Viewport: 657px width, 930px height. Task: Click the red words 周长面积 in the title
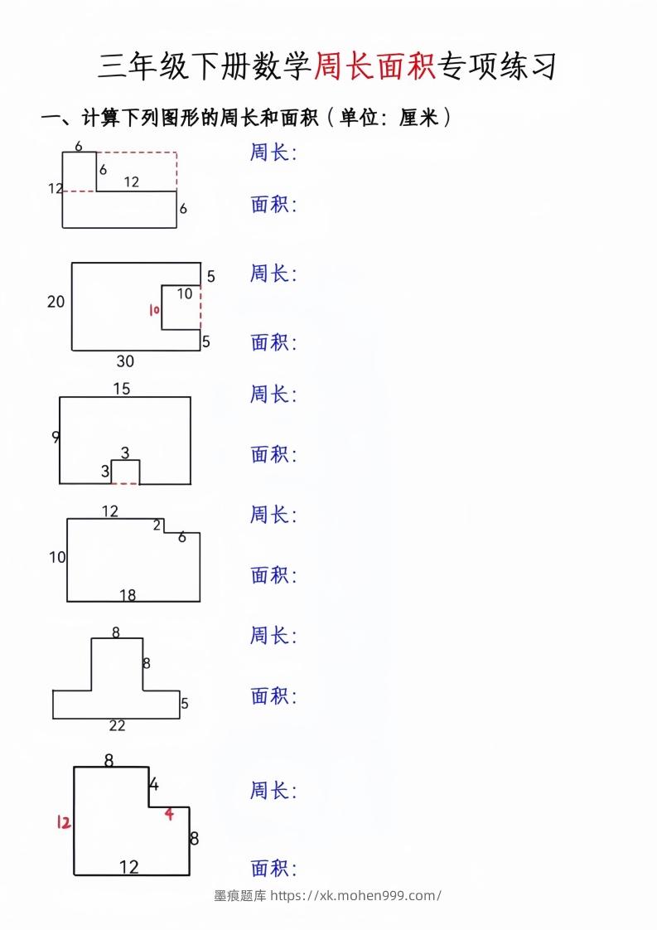point(375,67)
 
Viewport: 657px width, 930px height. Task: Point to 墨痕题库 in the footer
point(240,896)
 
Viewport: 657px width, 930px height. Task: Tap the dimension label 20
point(56,302)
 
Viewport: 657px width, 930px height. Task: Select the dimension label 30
point(125,361)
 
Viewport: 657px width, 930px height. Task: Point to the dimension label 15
point(121,389)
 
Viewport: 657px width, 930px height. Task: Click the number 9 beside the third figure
point(55,438)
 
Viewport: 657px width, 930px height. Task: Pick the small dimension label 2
point(157,525)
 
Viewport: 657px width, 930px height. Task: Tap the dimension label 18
point(127,594)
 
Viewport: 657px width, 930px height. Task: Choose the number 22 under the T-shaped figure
point(117,726)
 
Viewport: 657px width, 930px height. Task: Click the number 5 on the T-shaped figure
point(185,704)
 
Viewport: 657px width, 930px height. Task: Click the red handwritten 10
point(152,310)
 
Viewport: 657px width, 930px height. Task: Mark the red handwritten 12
point(63,822)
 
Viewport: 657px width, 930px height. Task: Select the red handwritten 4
point(169,814)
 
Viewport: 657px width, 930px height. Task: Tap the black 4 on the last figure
point(154,784)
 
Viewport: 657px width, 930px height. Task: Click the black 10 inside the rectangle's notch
point(184,293)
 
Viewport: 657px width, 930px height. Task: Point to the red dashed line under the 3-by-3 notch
point(125,483)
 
